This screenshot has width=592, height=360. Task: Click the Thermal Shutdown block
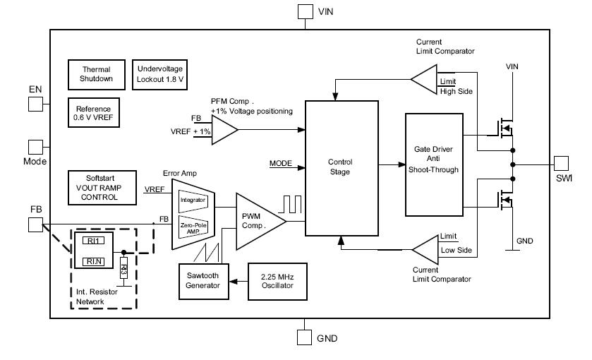(97, 74)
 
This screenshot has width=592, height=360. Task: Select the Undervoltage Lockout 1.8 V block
(159, 74)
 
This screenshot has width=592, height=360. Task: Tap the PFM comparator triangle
(222, 128)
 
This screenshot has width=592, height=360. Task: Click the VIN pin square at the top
(305, 12)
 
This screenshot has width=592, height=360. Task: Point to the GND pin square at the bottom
(305, 337)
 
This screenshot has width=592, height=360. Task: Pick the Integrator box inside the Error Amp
(193, 200)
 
